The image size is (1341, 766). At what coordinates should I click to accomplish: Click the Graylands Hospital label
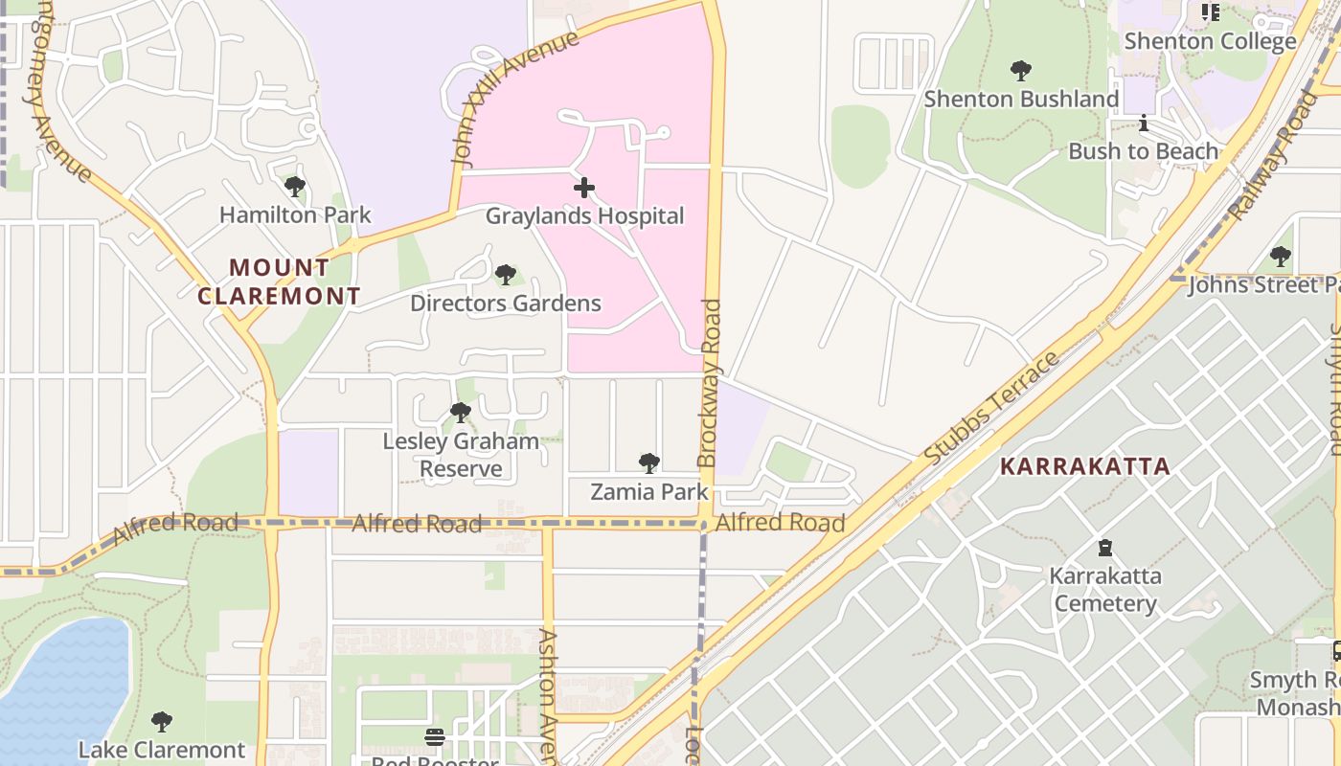point(584,215)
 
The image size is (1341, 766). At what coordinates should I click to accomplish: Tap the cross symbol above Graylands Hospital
point(584,188)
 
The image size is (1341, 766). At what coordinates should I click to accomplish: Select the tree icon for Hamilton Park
point(295,187)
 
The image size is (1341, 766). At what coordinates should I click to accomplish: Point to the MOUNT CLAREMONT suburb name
point(279,282)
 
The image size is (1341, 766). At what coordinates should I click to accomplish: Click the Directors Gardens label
point(505,304)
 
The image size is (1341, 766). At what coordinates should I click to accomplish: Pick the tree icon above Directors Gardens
point(506,276)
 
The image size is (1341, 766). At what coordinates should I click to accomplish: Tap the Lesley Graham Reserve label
point(461,455)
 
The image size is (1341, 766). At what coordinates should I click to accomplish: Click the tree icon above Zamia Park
point(649,464)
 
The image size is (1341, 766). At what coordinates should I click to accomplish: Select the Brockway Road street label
point(709,383)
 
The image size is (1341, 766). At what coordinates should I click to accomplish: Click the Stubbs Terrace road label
point(993,409)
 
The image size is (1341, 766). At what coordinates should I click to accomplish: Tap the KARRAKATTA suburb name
point(1084,466)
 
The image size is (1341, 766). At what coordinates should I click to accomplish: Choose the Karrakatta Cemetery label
point(1104,590)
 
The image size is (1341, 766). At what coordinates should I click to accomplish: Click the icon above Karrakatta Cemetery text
point(1105,549)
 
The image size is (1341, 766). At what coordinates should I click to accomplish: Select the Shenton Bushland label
point(1021,99)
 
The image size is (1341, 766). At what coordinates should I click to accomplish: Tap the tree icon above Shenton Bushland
point(1021,71)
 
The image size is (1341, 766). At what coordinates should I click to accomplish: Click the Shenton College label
point(1210,41)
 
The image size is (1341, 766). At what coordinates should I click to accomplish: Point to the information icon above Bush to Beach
point(1143,124)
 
